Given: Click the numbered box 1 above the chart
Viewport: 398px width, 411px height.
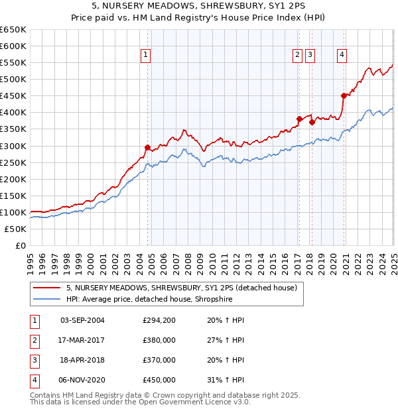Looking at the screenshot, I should point(145,56).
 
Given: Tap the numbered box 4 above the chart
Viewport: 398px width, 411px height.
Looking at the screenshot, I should point(341,56).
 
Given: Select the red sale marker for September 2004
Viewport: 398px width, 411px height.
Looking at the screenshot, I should point(147,147).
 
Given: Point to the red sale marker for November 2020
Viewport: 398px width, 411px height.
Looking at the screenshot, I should point(344,95).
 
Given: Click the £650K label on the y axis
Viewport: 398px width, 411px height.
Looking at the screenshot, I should point(13,30).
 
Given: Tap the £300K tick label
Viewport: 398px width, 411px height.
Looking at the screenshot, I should point(13,146).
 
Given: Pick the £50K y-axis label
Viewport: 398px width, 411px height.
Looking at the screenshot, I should point(16,229).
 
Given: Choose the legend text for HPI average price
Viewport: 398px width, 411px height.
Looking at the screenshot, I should point(149,299).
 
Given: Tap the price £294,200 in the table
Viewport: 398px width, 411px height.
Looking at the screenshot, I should point(159,320).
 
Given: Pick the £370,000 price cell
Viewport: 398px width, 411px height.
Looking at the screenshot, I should point(159,360).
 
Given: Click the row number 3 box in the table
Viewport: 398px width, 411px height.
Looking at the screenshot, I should point(33,360).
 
